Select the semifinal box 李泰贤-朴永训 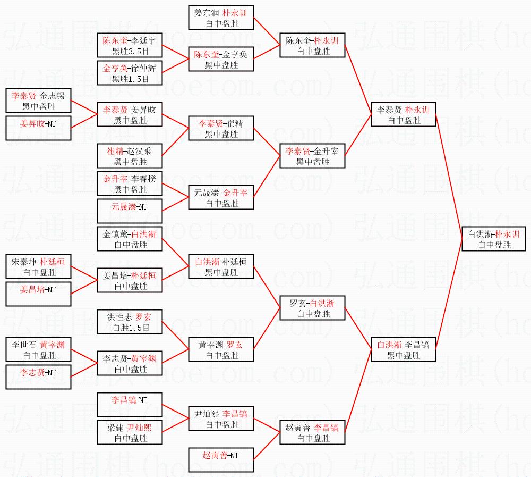[404, 115]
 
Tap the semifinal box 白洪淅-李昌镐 [404, 349]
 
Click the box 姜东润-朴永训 [222, 18]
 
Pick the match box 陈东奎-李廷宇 [130, 46]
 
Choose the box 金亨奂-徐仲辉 [130, 73]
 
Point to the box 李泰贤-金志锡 [39, 101]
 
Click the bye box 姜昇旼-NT [39, 128]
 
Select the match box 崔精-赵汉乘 [130, 156]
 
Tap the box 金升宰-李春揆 [130, 184]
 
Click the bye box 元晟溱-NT [130, 211]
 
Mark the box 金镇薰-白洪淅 [130, 239]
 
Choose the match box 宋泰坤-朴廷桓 [39, 266]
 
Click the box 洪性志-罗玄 [130, 322]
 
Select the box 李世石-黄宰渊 [39, 349]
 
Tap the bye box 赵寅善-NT [222, 460]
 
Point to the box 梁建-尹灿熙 [130, 432]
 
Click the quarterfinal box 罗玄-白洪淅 [313, 308]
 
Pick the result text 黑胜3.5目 [130, 51]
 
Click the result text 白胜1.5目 [130, 328]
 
